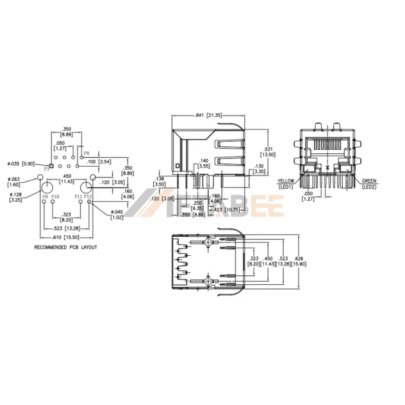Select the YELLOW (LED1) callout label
tap(286, 184)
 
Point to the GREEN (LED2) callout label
tap(368, 184)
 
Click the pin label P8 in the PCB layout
tap(86, 154)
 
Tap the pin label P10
tap(55, 196)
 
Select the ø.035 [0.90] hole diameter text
tap(21, 163)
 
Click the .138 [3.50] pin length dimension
tap(159, 182)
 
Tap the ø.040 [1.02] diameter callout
tap(117, 215)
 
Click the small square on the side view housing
tap(178, 164)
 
